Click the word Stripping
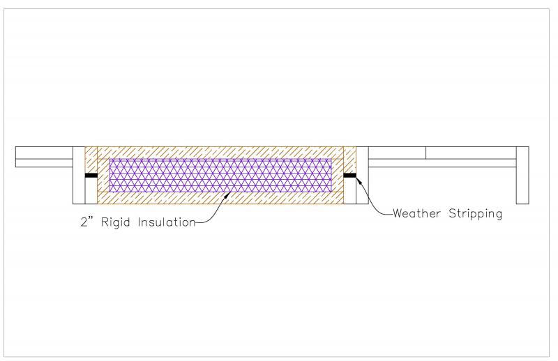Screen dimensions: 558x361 [x=475, y=214]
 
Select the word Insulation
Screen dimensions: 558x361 [x=167, y=222]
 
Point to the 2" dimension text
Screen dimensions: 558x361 [x=86, y=222]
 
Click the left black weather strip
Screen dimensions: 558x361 [x=91, y=176]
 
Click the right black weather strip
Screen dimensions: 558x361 [x=350, y=175]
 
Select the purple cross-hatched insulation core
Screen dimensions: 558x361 [x=220, y=176]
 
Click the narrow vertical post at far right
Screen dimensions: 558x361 [x=522, y=175]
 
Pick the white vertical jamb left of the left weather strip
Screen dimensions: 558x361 [x=79, y=175]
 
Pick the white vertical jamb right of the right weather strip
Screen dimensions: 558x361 [x=362, y=175]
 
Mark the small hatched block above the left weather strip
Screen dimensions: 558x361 [x=91, y=160]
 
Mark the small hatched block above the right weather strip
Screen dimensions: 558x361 [x=350, y=160]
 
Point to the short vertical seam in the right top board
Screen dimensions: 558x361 [x=425, y=153]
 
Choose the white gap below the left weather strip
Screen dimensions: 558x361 [x=91, y=191]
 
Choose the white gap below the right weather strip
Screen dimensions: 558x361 [x=350, y=191]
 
